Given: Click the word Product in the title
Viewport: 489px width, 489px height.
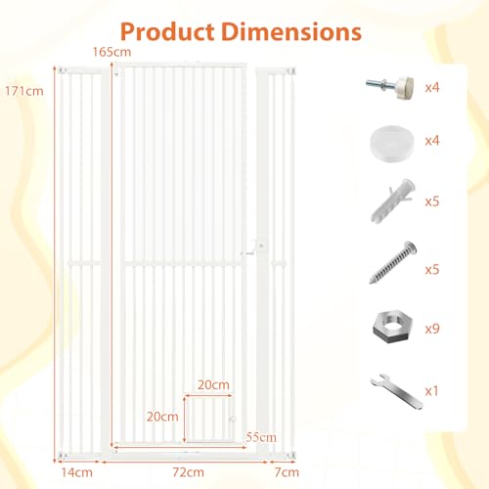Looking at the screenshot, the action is click(x=167, y=32).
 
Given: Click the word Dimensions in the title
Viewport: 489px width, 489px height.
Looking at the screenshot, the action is click(x=291, y=32).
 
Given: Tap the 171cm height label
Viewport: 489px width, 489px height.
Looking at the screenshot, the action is click(x=24, y=91).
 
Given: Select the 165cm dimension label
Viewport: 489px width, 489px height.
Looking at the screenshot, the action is click(x=111, y=52).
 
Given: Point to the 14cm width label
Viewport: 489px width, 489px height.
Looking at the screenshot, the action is click(x=77, y=472).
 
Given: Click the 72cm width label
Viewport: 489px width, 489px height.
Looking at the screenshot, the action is click(x=189, y=472).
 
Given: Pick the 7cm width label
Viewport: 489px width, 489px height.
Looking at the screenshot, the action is click(x=287, y=472).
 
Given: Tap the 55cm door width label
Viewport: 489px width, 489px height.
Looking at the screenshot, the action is click(x=261, y=437).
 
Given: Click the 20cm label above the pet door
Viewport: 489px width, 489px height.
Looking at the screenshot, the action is click(x=213, y=385).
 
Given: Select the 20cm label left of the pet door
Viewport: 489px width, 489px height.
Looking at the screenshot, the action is click(x=162, y=417).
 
